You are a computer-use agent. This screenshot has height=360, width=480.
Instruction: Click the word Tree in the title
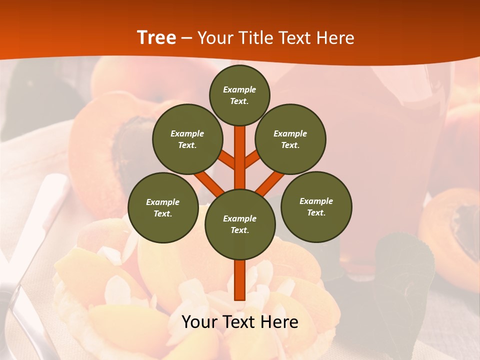tap(156, 37)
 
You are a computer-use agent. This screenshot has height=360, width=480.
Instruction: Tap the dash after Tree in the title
tap(187, 38)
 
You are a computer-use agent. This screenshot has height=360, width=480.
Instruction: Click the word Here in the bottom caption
tap(279, 322)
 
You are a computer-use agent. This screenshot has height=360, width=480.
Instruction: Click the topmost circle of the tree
tap(239, 95)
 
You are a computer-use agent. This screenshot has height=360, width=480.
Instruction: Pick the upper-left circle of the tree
tap(187, 139)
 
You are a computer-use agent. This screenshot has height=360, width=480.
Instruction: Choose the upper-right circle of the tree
tap(290, 139)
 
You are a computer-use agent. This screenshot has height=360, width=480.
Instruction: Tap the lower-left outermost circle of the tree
tap(163, 208)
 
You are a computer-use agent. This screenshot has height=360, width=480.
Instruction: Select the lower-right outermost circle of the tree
tap(316, 207)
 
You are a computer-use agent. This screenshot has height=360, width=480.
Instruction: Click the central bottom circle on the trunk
tap(240, 224)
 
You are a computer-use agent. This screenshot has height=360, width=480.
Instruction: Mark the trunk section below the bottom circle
tap(240, 280)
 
